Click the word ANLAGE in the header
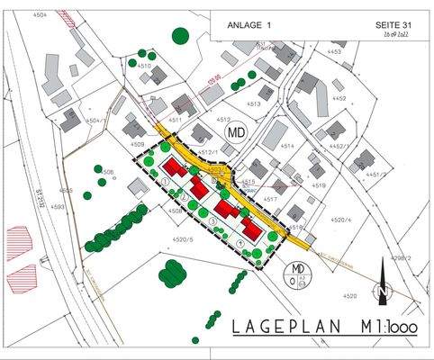coord(240,26)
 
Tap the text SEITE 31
coord(393,26)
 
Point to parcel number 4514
coord(287,145)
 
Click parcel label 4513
coord(253,104)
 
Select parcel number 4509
coord(137,144)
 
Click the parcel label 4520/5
coord(183,239)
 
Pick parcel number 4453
coord(335,52)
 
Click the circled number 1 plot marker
coord(167,181)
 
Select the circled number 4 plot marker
coord(240,243)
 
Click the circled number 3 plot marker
coord(212,220)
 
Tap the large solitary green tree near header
coord(181,36)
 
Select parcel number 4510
coord(144,66)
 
